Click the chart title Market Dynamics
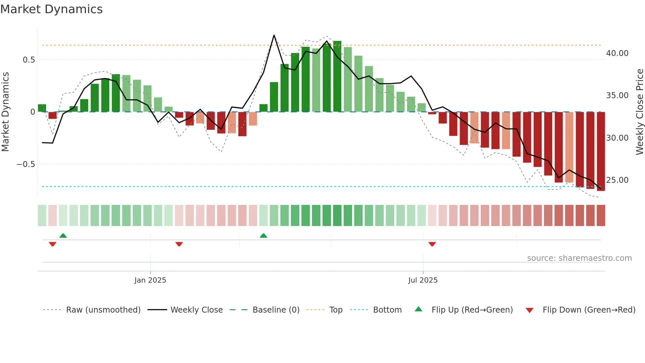pyautogui.click(x=51, y=9)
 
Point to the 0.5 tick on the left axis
pyautogui.click(x=29, y=60)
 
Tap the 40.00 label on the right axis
pyautogui.click(x=617, y=53)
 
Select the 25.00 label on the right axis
pyautogui.click(x=617, y=180)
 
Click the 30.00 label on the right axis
pyautogui.click(x=617, y=138)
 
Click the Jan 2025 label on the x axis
pyautogui.click(x=150, y=280)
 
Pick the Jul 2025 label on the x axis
pyautogui.click(x=423, y=280)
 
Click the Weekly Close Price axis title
pyautogui.click(x=639, y=112)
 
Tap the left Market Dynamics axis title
pyautogui.click(x=6, y=112)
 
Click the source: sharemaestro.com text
pyautogui.click(x=579, y=258)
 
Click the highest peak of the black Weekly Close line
pyautogui.click(x=274, y=35)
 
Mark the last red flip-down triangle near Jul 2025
pyautogui.click(x=432, y=244)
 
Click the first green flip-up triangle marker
pyautogui.click(x=63, y=236)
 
